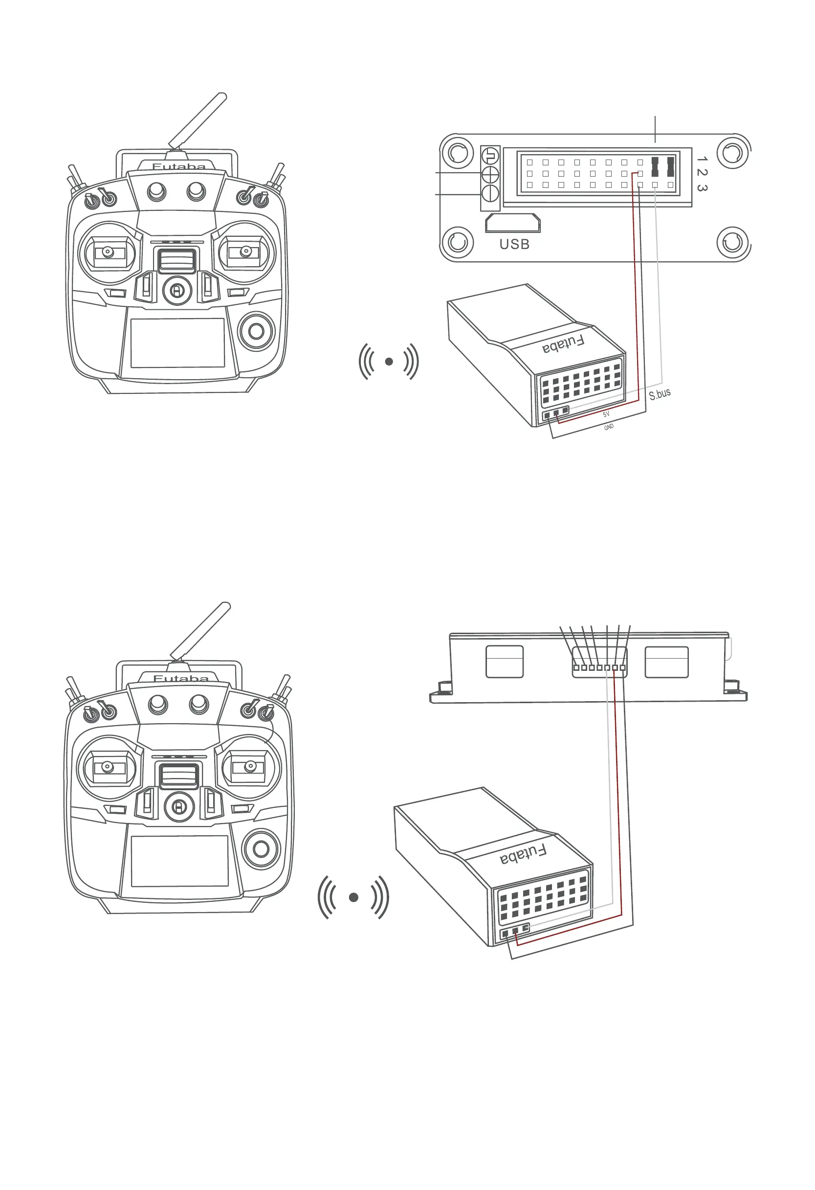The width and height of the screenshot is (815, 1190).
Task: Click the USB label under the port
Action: [514, 244]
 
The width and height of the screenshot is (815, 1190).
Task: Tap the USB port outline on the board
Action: [513, 223]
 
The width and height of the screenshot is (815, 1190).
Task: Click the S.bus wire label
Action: [660, 394]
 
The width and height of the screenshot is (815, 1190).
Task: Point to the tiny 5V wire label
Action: [606, 414]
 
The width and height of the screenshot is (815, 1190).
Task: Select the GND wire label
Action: [608, 427]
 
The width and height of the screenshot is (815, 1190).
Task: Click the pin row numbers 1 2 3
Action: [702, 174]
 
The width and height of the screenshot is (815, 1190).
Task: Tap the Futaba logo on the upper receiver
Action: [563, 344]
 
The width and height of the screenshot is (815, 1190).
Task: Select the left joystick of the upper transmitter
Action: [108, 252]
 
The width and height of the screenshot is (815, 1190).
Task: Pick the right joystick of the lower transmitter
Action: [250, 766]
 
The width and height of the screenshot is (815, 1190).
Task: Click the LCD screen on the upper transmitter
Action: [177, 343]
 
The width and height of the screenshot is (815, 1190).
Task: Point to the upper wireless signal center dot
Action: [389, 362]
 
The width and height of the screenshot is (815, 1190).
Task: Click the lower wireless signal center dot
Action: [353, 897]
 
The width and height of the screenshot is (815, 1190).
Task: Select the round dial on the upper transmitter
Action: [256, 331]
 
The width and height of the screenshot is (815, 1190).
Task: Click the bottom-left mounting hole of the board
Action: [458, 242]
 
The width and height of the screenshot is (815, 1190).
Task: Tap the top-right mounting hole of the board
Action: [733, 152]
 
